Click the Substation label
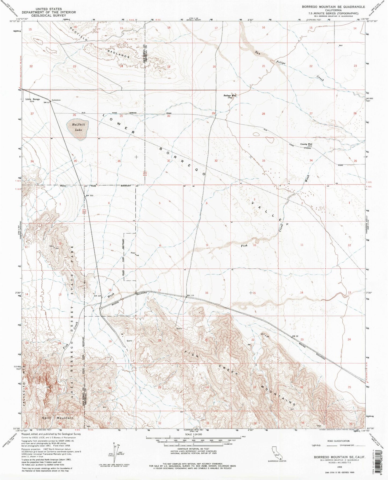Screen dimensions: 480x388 point(56,100)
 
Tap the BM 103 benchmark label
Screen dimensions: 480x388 point(89,195)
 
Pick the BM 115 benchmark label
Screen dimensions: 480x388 point(190,296)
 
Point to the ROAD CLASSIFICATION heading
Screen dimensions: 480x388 point(338,441)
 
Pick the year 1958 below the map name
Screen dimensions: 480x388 point(338,466)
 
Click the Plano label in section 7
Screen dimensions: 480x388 point(133,253)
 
